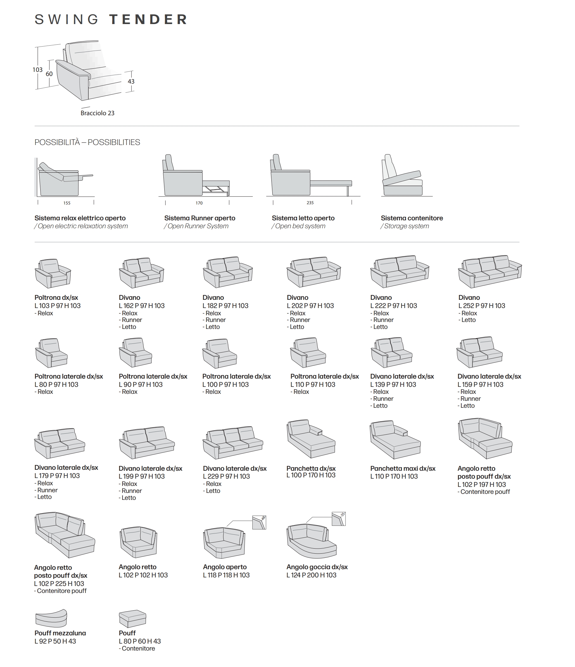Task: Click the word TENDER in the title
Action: coord(148,20)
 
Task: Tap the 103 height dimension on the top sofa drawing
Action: coord(37,70)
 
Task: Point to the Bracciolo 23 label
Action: coord(97,113)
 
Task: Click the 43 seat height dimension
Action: coord(131,81)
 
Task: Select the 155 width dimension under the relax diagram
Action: coord(66,203)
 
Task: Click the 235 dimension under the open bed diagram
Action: coord(310,203)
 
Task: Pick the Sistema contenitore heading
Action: coord(411,218)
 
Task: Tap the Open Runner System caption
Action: coord(198,226)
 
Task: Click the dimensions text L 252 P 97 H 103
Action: coord(481,305)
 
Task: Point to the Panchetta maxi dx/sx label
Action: coord(402,469)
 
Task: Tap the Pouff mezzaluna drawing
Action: coord(51,618)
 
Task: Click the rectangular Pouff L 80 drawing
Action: coord(132,618)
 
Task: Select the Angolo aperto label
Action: coord(224,567)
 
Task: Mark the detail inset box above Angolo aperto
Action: coord(259,522)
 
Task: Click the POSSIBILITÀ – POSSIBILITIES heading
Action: coord(87,142)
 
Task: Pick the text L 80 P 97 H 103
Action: coord(56,384)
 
